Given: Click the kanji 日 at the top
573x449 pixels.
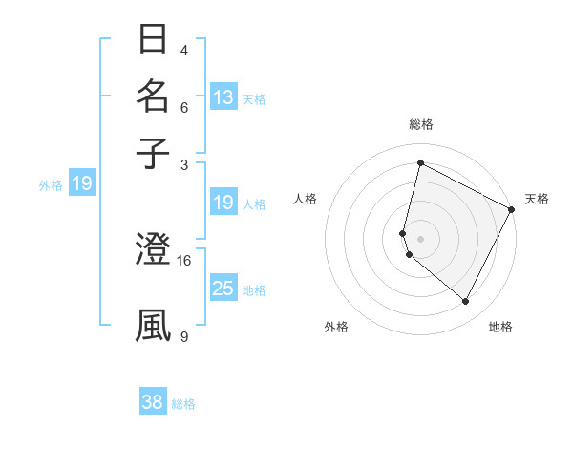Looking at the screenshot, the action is click(153, 40).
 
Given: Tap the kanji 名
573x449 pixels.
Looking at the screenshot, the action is click(153, 96).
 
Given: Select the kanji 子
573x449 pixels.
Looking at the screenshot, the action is click(153, 152).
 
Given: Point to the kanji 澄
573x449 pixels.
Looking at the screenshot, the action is click(153, 250).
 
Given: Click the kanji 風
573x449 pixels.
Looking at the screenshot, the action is click(153, 325).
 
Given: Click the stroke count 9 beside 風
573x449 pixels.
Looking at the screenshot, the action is click(183, 335).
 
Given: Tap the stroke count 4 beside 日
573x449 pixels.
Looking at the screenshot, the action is click(183, 50).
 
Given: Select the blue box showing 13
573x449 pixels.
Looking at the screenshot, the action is click(223, 96).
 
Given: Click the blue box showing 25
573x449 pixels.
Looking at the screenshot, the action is click(223, 289).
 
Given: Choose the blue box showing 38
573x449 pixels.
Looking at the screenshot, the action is click(153, 402).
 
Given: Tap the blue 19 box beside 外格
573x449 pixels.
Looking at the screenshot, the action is click(81, 183).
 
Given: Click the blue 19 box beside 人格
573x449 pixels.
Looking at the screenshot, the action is click(223, 203).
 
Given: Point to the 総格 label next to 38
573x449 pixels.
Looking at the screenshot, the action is click(183, 404).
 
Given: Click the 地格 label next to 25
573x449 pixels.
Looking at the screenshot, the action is click(254, 289).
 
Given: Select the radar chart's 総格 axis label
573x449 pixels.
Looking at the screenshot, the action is click(420, 124).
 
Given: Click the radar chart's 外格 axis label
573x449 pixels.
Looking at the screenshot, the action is click(336, 327).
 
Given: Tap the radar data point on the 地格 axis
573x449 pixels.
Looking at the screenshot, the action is click(465, 302).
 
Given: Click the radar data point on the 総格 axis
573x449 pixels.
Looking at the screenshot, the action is click(420, 162).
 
